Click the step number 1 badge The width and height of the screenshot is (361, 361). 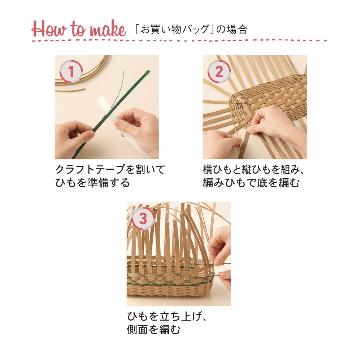(71, 71)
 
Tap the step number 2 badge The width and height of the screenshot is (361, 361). (219, 71)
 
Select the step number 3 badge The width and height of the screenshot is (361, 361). (143, 218)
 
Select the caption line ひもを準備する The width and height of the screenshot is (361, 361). (92, 183)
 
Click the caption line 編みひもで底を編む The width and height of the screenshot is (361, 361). (251, 183)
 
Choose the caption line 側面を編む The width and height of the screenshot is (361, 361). (153, 330)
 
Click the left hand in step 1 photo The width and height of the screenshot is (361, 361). (73, 139)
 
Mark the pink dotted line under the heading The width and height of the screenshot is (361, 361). (179, 40)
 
